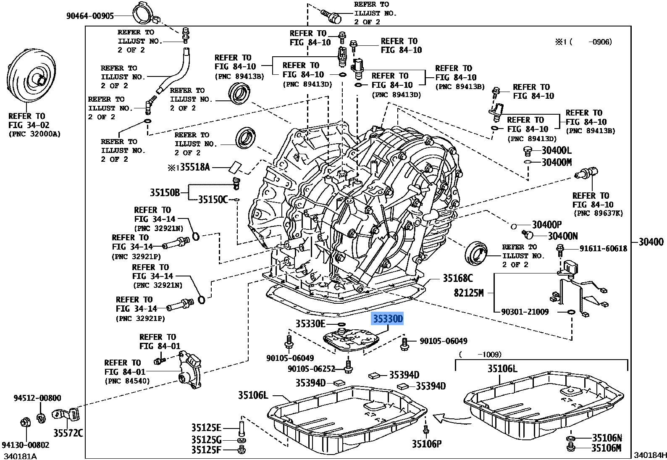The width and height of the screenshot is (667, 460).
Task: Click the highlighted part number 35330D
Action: tap(387, 319)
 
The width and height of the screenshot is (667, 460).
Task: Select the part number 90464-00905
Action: tap(90, 16)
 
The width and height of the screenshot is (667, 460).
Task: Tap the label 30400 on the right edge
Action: tap(651, 242)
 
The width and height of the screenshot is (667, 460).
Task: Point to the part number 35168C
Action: tap(457, 278)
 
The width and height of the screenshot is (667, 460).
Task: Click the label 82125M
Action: tap(469, 292)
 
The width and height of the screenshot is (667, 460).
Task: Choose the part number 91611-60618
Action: tap(603, 249)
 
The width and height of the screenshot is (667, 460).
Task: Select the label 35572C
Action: tap(68, 432)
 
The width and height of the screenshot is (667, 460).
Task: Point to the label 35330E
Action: tap(310, 323)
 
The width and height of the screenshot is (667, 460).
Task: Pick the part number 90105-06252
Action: tap(311, 368)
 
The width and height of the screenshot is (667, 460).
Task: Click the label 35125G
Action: tap(206, 439)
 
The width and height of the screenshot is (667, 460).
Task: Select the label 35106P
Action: tap(426, 443)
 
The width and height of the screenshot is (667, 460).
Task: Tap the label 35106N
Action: tap(606, 438)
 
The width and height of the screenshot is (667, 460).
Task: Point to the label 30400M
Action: tap(557, 162)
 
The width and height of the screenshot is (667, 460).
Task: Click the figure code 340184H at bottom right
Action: tap(650, 455)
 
